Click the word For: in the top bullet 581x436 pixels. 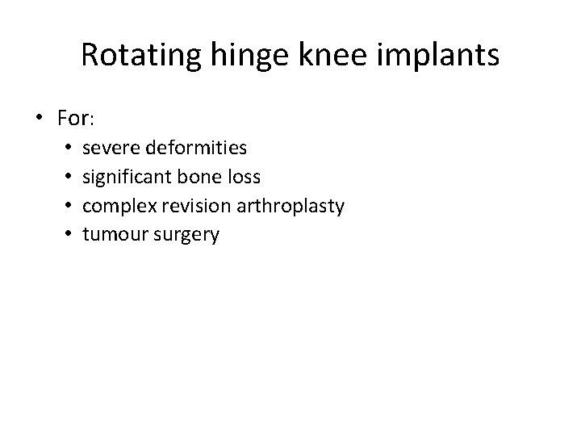click(x=77, y=119)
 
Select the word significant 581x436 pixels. click(x=126, y=178)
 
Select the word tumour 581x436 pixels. click(x=111, y=236)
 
